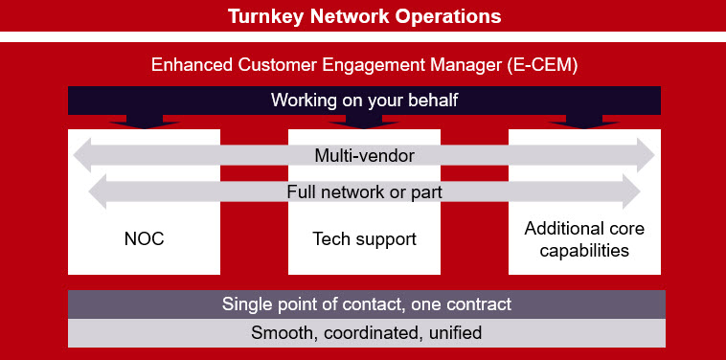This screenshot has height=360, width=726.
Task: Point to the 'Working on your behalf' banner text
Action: [x=364, y=100]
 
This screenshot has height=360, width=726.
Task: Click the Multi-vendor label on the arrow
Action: [x=364, y=155]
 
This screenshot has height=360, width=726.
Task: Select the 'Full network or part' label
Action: [x=364, y=191]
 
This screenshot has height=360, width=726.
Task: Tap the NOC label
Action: [x=145, y=238]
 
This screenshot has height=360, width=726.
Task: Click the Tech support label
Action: [x=364, y=238]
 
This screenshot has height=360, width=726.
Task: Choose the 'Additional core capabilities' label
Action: [x=583, y=239]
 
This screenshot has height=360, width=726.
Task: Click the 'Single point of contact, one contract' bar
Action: [x=367, y=304]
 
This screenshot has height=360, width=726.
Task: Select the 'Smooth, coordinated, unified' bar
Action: [x=367, y=333]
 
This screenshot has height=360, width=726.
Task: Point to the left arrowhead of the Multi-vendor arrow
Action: [x=82, y=155]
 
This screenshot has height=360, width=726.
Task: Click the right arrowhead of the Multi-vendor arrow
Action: [x=648, y=155]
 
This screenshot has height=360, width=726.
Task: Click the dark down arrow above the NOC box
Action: [x=145, y=122]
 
